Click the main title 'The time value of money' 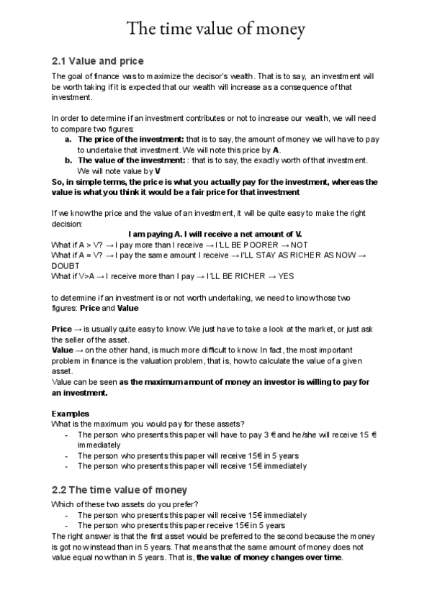coord(216,29)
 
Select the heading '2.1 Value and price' coord(98,60)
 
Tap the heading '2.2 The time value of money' coord(120,489)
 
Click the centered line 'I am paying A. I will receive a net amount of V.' coord(215,235)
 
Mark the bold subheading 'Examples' coord(71,414)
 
